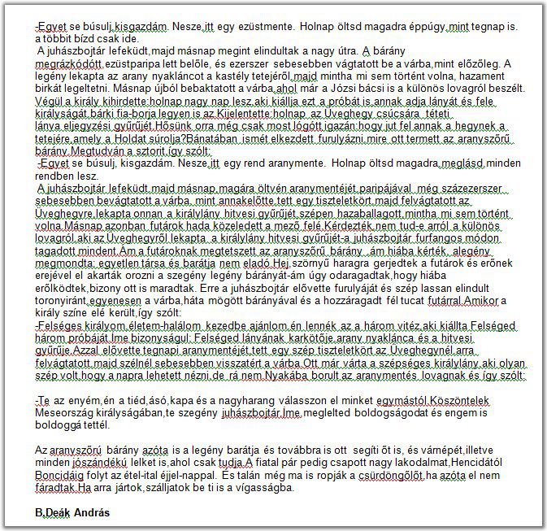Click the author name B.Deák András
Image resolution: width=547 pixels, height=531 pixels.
point(72,514)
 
